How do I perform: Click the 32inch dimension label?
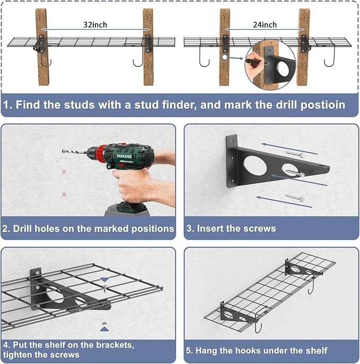click(x=95, y=24)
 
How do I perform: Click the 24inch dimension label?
click(x=265, y=24)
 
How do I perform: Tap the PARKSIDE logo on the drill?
click(x=124, y=156)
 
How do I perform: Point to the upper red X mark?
click(x=64, y=172)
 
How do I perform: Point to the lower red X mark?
click(x=64, y=195)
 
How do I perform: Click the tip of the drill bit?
click(x=63, y=151)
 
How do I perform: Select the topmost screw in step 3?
click(x=295, y=154)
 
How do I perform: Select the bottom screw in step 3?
click(x=295, y=198)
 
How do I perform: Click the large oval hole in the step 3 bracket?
click(x=255, y=164)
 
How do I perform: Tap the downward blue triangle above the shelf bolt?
click(x=104, y=280)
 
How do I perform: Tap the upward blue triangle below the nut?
click(x=104, y=329)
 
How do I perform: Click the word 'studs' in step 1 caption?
click(x=80, y=105)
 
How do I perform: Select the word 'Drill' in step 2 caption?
click(x=22, y=229)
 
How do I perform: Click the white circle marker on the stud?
click(x=225, y=57)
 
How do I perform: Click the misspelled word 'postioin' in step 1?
click(x=323, y=105)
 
